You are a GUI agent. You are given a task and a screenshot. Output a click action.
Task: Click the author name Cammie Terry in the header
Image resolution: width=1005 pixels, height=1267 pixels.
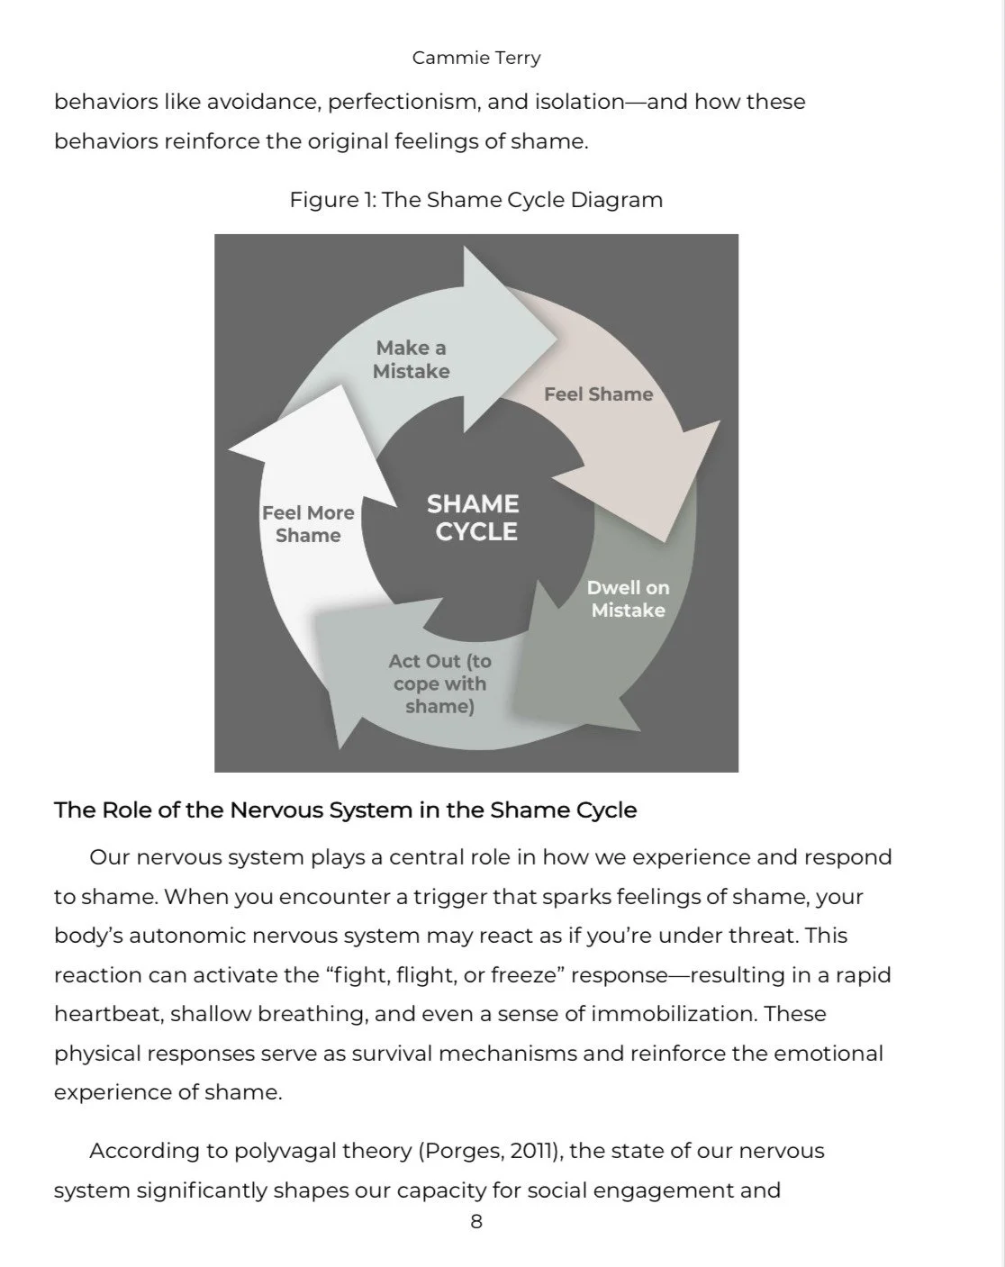pyautogui.click(x=476, y=58)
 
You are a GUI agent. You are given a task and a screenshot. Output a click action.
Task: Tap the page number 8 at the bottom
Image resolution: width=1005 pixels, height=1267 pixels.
pyautogui.click(x=476, y=1222)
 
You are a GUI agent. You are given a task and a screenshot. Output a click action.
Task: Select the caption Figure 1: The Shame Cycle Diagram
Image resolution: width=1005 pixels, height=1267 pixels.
pyautogui.click(x=475, y=199)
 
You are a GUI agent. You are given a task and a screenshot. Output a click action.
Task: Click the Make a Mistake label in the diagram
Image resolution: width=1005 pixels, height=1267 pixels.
pyautogui.click(x=412, y=359)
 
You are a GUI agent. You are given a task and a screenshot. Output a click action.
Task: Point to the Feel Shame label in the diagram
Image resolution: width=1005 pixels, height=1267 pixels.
pyautogui.click(x=598, y=394)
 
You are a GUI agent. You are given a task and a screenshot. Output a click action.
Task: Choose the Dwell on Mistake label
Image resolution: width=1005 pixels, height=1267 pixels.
pyautogui.click(x=628, y=599)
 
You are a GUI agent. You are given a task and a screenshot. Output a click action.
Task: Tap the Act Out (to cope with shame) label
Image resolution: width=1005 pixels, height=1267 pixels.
pyautogui.click(x=439, y=683)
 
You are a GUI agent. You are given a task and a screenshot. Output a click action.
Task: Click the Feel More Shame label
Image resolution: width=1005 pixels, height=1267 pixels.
pyautogui.click(x=308, y=524)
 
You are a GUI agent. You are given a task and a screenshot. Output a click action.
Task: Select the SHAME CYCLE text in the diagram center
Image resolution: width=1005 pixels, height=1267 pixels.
pyautogui.click(x=474, y=518)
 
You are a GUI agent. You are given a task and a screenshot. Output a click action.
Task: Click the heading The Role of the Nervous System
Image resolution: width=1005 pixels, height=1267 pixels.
pyautogui.click(x=345, y=810)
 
